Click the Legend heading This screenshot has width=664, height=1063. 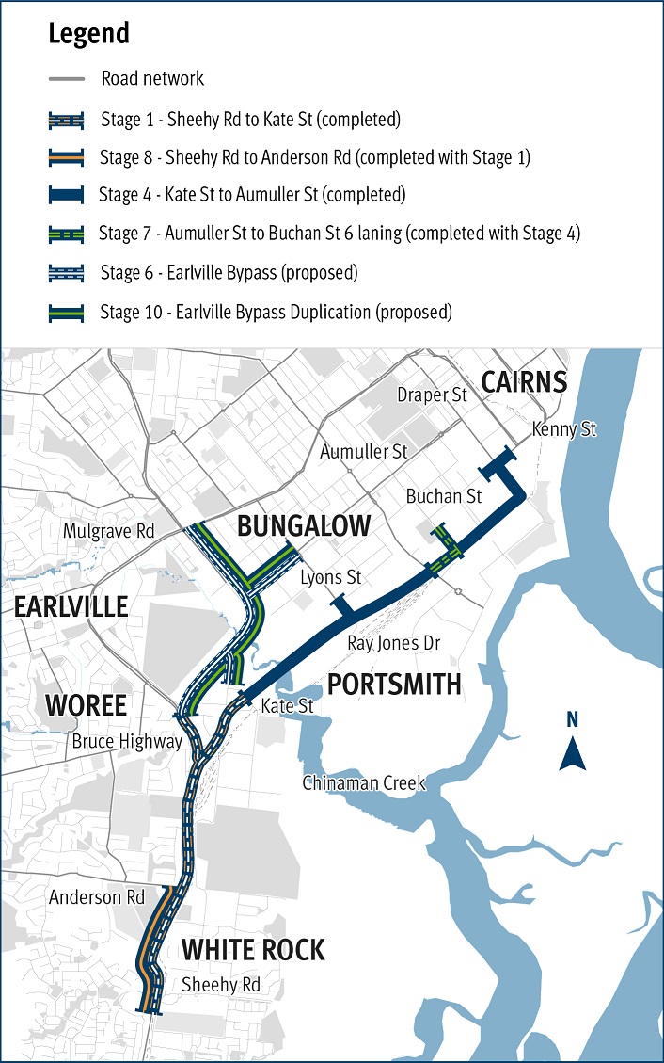click(x=88, y=34)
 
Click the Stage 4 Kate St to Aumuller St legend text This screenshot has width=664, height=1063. click(x=252, y=196)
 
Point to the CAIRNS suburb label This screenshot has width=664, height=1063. click(x=524, y=381)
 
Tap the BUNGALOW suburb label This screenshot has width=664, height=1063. click(x=303, y=526)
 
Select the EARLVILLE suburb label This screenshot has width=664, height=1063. click(x=71, y=606)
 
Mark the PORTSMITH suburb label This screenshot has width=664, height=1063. click(x=394, y=684)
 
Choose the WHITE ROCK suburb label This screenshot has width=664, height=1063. click(x=253, y=950)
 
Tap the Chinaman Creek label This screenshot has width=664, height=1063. click(x=364, y=783)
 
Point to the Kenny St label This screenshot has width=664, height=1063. click(x=563, y=429)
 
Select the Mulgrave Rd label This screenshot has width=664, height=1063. click(x=108, y=531)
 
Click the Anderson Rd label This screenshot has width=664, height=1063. click(x=98, y=897)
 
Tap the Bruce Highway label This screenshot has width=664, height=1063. click(x=127, y=742)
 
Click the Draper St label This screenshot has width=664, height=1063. click(x=432, y=395)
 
